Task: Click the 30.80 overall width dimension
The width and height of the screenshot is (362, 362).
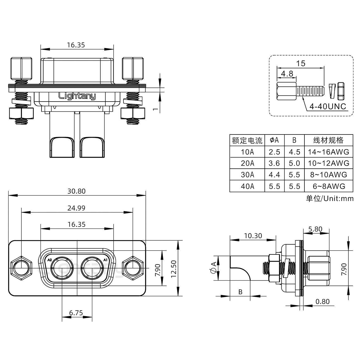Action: click(76, 191)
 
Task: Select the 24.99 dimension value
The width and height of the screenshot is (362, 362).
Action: click(76, 208)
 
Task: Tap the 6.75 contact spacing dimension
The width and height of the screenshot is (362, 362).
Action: click(76, 313)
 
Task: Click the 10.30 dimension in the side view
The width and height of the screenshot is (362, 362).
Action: click(253, 236)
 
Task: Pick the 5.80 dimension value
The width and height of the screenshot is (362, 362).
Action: click(315, 229)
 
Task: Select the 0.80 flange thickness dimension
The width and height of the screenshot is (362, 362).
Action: click(322, 301)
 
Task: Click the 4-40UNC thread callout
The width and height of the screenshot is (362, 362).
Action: click(328, 107)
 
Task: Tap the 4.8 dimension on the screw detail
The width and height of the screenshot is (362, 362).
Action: click(287, 74)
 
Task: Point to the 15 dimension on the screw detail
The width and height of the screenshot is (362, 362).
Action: click(300, 63)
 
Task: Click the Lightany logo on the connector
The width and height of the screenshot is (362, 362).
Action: click(77, 96)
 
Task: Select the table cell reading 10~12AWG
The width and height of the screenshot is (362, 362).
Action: click(329, 163)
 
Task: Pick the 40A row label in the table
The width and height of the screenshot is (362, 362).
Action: click(247, 186)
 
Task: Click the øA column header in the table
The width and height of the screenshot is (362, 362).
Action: click(274, 140)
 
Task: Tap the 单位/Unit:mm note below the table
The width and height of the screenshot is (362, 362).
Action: click(330, 199)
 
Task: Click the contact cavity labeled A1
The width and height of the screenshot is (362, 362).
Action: click(92, 268)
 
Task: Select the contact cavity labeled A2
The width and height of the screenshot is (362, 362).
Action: click(62, 268)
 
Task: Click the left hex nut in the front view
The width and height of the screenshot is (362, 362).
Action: click(21, 268)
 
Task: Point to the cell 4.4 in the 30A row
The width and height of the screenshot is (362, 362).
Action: click(274, 175)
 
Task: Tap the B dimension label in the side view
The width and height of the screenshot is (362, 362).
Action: click(240, 292)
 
